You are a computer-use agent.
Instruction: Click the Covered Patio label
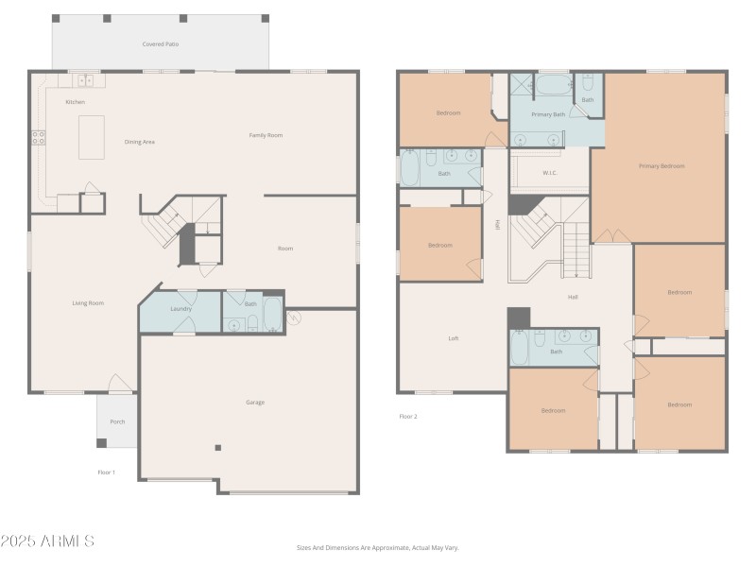160,44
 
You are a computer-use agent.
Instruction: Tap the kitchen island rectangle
92,137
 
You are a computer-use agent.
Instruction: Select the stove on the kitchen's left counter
39,137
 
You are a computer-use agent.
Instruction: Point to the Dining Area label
139,142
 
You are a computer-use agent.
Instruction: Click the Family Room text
266,135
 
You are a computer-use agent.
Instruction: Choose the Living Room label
88,303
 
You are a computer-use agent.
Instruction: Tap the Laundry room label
180,309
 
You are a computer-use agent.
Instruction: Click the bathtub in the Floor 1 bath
271,315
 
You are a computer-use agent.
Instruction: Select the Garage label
255,403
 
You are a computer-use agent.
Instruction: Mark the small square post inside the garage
217,448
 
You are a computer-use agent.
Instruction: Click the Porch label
117,421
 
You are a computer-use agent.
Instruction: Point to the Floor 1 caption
107,472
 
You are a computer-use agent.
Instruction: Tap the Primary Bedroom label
661,165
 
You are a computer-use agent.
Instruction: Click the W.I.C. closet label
549,173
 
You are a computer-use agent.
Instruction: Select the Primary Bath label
547,114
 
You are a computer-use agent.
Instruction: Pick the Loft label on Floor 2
453,338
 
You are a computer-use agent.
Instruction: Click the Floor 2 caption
408,416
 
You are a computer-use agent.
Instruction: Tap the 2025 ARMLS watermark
47,541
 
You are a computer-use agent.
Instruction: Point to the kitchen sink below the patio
85,80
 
